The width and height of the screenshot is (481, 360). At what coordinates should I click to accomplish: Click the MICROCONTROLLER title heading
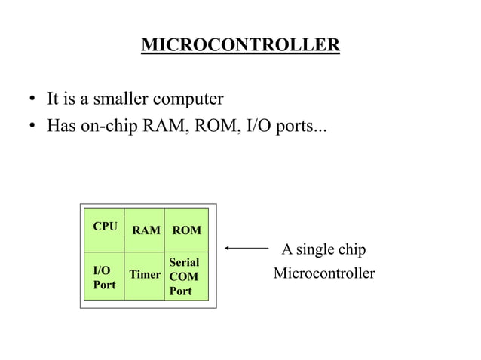[x=240, y=45]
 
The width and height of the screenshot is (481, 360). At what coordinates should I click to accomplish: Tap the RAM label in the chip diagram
[x=146, y=230]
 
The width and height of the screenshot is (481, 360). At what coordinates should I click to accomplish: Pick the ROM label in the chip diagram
[x=186, y=230]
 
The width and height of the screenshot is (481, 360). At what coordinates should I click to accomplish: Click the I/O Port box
[x=103, y=277]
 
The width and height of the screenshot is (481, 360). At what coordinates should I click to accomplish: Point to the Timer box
[x=145, y=276]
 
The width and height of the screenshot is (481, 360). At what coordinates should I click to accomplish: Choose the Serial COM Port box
[x=185, y=276]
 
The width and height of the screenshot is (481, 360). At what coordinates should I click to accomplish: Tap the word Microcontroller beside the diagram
[x=323, y=273]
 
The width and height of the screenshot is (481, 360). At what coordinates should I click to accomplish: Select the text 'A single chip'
[x=323, y=249]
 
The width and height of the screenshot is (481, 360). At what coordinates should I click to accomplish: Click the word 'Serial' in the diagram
[x=184, y=262]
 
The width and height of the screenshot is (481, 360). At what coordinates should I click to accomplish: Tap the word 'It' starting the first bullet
[x=53, y=99]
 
